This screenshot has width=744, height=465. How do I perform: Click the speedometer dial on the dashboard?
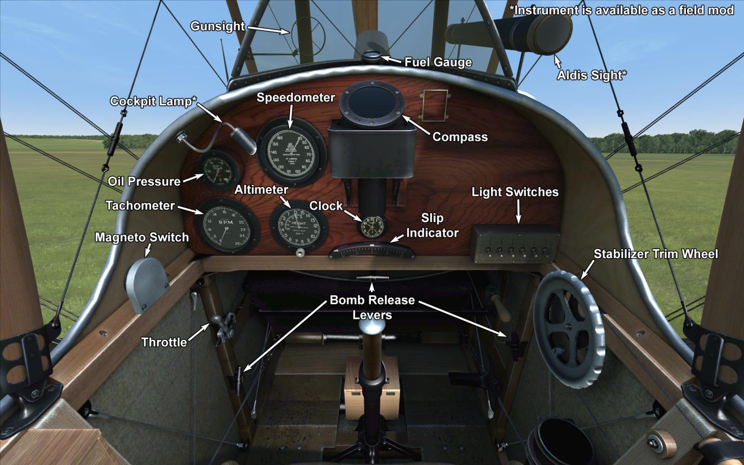291,151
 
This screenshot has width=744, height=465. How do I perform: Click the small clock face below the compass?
371,225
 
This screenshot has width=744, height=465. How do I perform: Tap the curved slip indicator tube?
372,250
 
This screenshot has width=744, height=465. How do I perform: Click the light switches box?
513,243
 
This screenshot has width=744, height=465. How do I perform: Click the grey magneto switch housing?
146,285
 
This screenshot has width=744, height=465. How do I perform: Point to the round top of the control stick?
373,327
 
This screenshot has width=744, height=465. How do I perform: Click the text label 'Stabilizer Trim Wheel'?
656,254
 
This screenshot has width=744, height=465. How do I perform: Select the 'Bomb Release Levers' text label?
372,307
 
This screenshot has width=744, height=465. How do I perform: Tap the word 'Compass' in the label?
460,137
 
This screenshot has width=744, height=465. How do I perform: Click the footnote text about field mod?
622,10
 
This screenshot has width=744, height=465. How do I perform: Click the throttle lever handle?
222,325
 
